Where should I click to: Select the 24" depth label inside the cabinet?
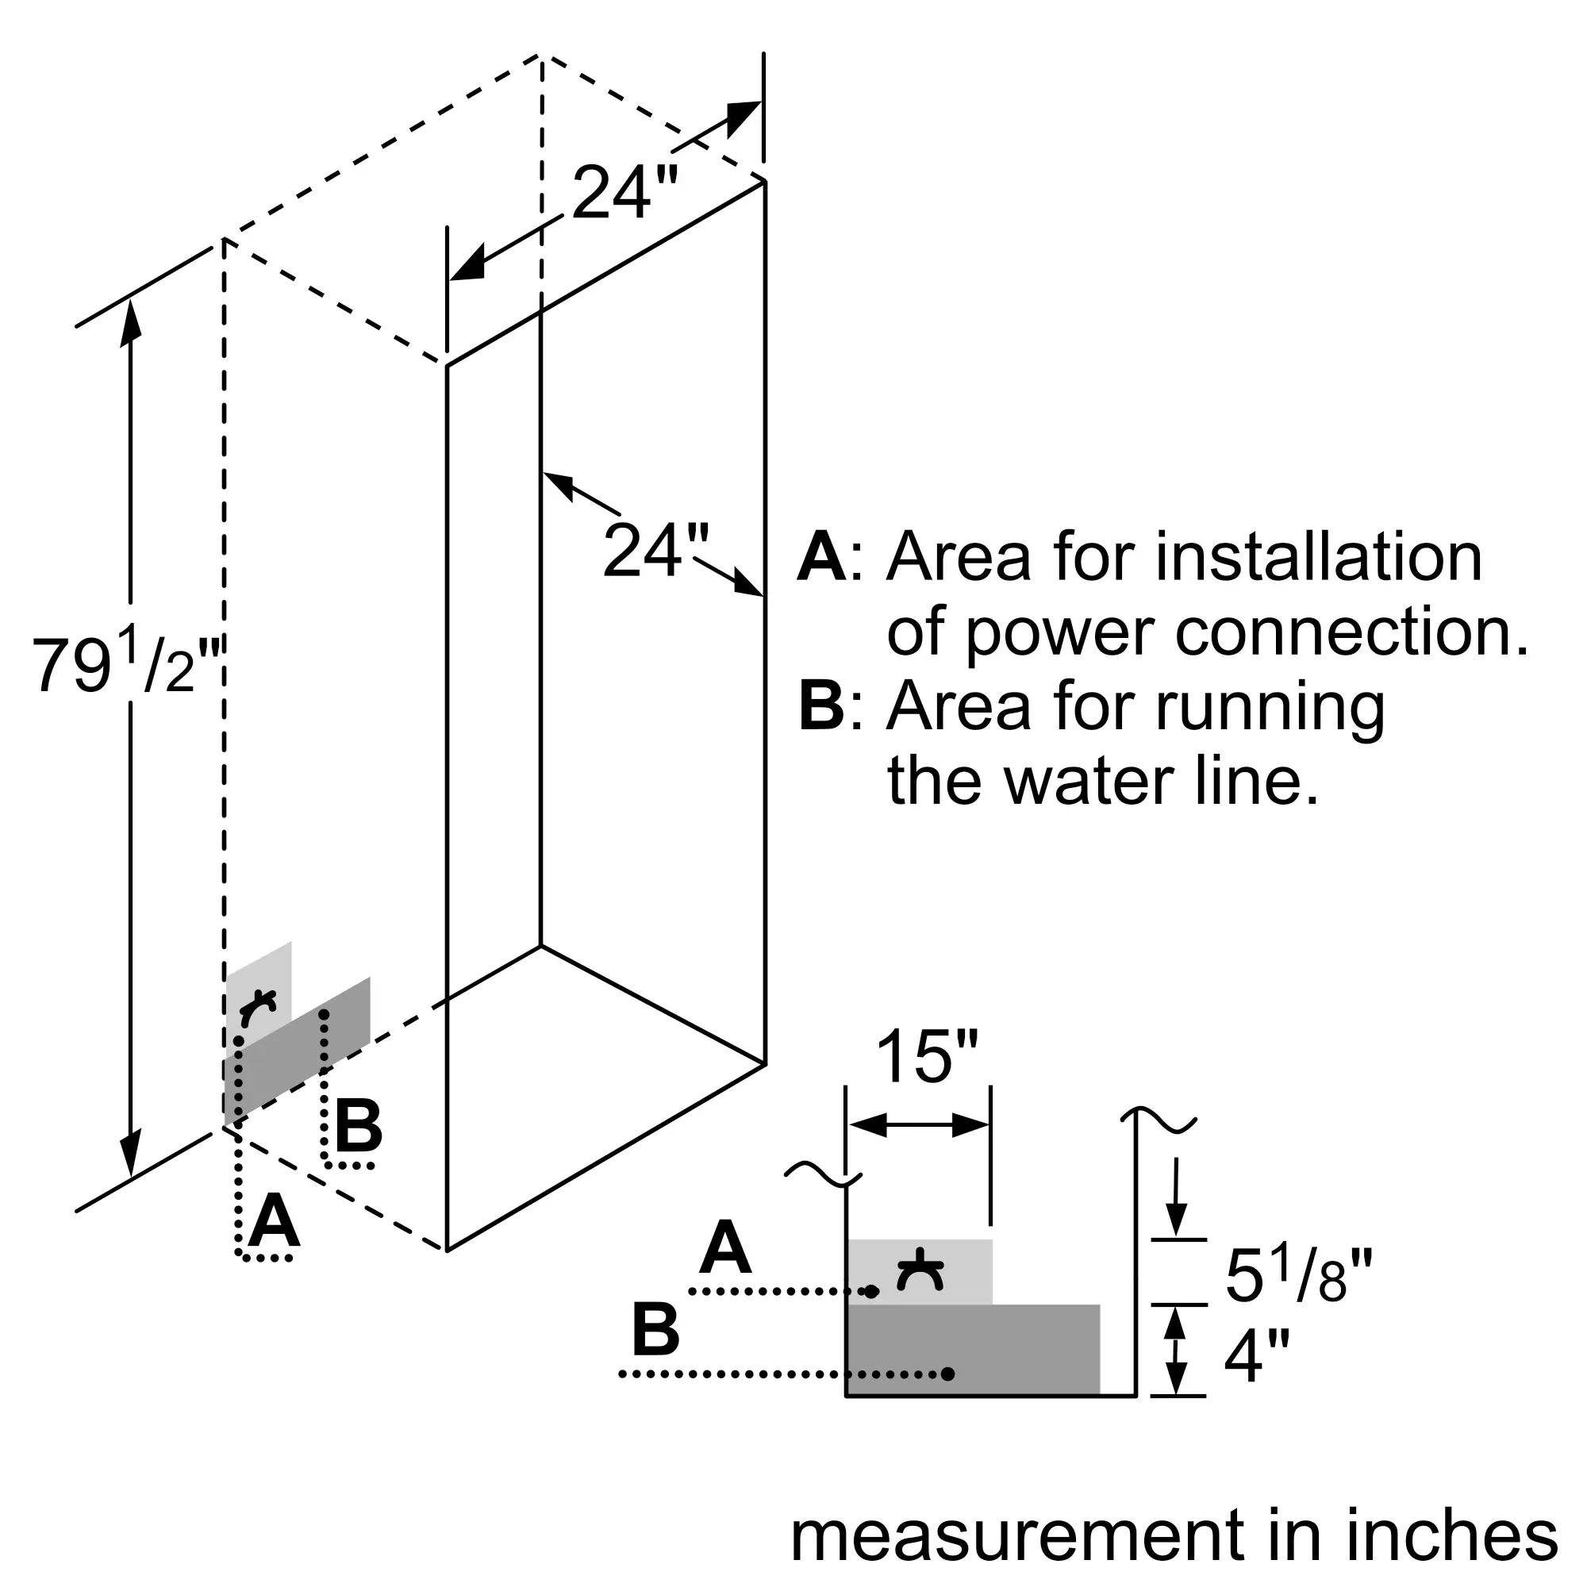[x=655, y=551]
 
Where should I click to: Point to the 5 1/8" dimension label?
[x=1298, y=1276]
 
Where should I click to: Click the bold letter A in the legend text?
[x=821, y=558]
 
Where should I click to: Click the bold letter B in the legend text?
[x=821, y=706]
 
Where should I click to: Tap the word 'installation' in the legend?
[x=1318, y=558]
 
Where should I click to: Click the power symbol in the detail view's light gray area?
[x=920, y=1270]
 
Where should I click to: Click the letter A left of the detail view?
[x=726, y=1247]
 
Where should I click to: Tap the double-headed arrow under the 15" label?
[x=919, y=1126]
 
